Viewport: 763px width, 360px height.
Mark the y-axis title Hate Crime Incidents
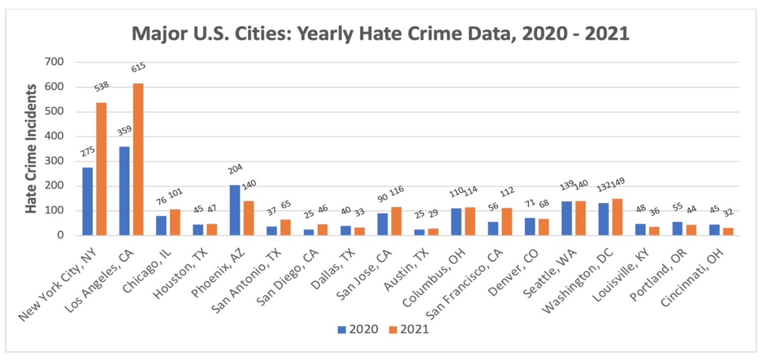(31, 149)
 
